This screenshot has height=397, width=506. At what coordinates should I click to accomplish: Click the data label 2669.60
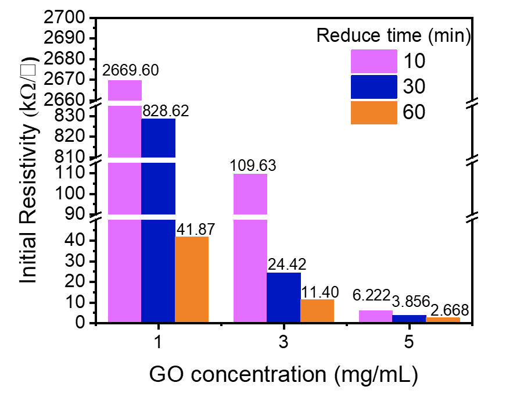(130, 71)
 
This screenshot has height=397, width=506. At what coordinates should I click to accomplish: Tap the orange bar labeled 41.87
(192, 279)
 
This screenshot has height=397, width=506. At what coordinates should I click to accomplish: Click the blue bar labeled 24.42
(283, 297)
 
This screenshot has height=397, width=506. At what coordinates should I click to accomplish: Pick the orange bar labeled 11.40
(317, 310)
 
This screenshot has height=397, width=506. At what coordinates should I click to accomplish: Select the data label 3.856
(411, 301)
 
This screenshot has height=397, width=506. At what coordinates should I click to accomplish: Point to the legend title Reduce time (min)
(393, 36)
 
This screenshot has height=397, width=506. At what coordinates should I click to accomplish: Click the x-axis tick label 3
(283, 343)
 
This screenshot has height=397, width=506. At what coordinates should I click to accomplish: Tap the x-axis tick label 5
(410, 343)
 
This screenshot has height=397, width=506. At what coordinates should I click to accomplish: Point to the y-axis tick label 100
(70, 194)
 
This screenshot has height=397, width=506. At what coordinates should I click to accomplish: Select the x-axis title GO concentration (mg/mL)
(283, 375)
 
